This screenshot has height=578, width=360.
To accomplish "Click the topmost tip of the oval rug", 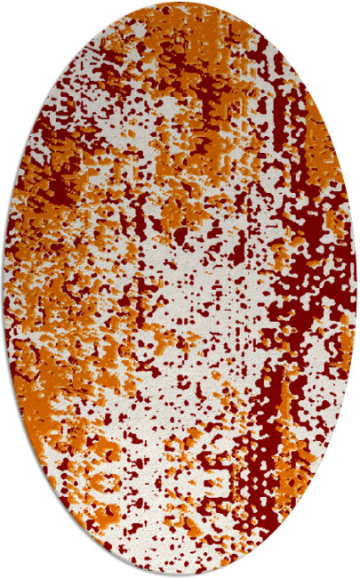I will (180, 4).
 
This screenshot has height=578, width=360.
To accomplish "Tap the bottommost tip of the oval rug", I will (180, 574).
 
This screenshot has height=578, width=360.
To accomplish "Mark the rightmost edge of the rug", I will (356, 289).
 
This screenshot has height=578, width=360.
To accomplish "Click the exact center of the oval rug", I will (180, 289).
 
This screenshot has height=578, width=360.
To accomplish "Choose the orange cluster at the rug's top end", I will (178, 22).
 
